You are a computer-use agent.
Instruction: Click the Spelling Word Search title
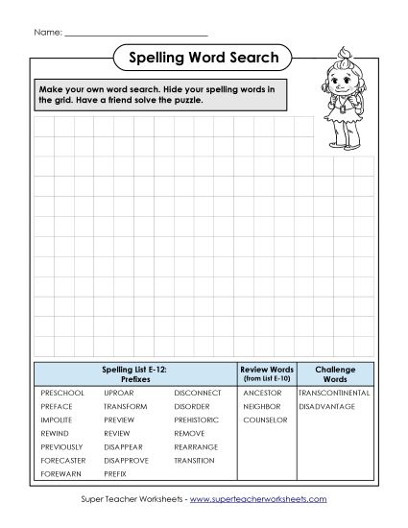click(204, 59)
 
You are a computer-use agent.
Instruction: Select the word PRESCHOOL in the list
click(62, 393)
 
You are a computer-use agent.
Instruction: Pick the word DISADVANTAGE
click(326, 406)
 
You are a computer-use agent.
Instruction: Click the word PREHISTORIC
click(197, 420)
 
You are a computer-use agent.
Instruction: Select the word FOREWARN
click(60, 473)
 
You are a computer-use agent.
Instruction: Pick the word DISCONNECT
click(198, 393)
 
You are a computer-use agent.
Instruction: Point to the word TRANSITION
click(194, 460)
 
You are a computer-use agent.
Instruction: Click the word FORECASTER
click(64, 460)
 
